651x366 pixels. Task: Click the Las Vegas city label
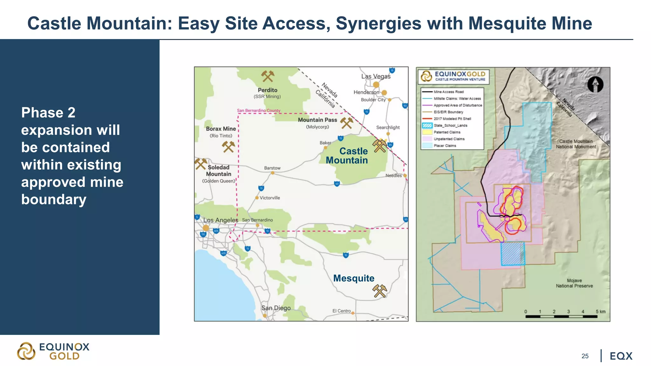pyautogui.click(x=376, y=76)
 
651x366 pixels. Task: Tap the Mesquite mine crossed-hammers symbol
pyautogui.click(x=380, y=291)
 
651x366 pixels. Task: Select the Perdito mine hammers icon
pyautogui.click(x=268, y=76)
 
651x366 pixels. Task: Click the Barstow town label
pyautogui.click(x=272, y=168)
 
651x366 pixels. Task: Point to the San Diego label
pyautogui.click(x=276, y=308)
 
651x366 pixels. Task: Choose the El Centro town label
pyautogui.click(x=341, y=311)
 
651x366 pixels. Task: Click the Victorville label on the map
pyautogui.click(x=270, y=198)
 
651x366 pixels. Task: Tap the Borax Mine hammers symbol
pyautogui.click(x=228, y=146)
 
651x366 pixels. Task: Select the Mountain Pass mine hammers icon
pyautogui.click(x=346, y=123)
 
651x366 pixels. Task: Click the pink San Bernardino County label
pyautogui.click(x=258, y=111)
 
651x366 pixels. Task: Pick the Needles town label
pyautogui.click(x=394, y=175)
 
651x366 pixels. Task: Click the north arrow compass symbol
pyautogui.click(x=595, y=85)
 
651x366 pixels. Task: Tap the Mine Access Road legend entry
pyautogui.click(x=449, y=92)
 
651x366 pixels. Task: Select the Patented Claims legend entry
pyautogui.click(x=447, y=132)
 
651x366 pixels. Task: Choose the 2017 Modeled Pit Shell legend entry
pyautogui.click(x=452, y=119)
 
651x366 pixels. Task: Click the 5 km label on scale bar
pyautogui.click(x=600, y=312)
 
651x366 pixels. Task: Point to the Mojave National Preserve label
pyautogui.click(x=574, y=283)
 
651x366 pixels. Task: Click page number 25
pyautogui.click(x=585, y=356)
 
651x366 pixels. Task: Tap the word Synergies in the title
pyautogui.click(x=378, y=24)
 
